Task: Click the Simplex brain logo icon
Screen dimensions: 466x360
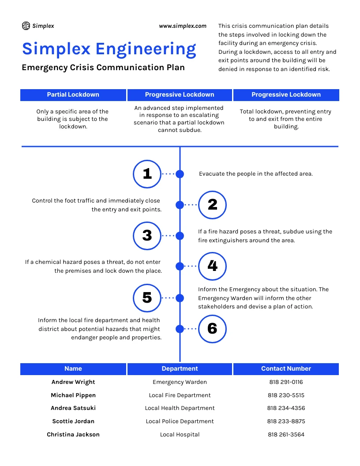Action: tap(26, 26)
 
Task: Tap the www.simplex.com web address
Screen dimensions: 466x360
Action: tap(183, 26)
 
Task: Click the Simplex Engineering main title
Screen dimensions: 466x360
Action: tap(109, 49)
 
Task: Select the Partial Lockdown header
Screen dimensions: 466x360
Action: tap(73, 94)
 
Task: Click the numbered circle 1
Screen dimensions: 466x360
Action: tap(147, 174)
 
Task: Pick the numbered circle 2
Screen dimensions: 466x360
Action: tap(212, 205)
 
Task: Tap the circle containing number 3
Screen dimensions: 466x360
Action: tap(147, 236)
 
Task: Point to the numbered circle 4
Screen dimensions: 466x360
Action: tap(212, 266)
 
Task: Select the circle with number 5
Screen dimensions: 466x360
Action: tap(147, 298)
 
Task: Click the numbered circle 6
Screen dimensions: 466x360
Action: tap(212, 329)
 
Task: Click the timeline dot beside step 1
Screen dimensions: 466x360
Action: tap(180, 174)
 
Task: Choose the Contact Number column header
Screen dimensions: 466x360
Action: tap(286, 368)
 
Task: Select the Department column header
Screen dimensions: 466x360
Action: tap(180, 368)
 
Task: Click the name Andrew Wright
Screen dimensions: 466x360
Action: tap(73, 382)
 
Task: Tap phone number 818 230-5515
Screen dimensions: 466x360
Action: tap(286, 395)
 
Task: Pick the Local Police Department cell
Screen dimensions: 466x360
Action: tap(180, 421)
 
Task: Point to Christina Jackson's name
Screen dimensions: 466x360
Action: tap(73, 435)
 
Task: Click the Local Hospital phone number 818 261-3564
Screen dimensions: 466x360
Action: tap(286, 435)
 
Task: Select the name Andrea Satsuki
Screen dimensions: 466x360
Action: tap(73, 408)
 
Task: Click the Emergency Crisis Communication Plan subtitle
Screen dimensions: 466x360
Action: tap(103, 68)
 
